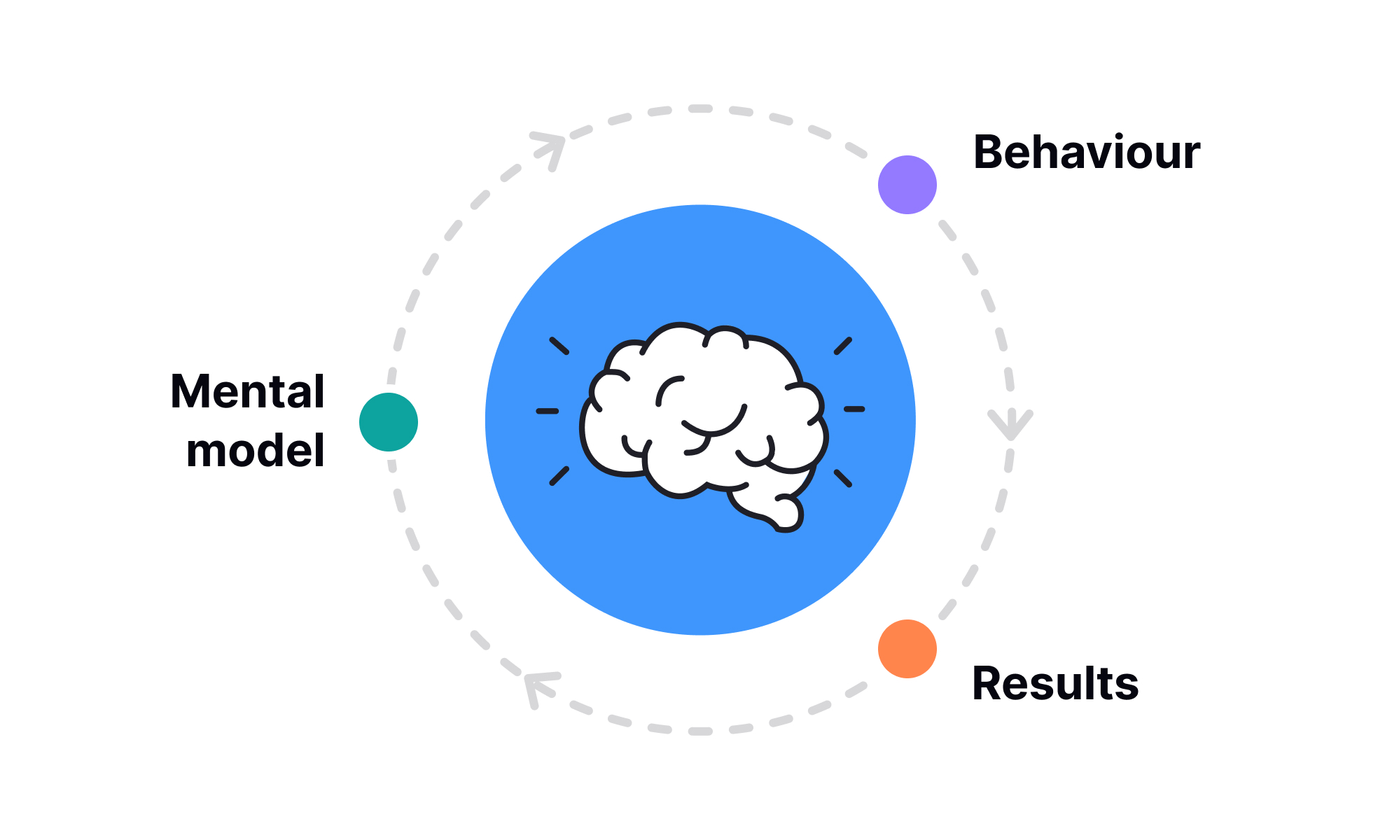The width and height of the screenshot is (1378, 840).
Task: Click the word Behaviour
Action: point(1087,152)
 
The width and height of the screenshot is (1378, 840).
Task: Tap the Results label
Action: point(1055,683)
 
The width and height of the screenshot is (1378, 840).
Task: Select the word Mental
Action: point(248,391)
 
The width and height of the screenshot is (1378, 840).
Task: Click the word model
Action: point(256,450)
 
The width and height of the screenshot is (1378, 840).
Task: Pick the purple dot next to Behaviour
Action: point(907,185)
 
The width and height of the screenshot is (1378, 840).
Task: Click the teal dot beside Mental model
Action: point(389,422)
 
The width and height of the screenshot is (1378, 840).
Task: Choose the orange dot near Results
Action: point(907,649)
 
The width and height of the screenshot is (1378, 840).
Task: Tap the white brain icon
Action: point(700,413)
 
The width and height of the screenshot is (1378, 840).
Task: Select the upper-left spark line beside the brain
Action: point(559,346)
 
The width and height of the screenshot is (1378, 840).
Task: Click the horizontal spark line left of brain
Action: point(548,411)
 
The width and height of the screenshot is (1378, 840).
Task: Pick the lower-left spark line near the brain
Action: point(559,476)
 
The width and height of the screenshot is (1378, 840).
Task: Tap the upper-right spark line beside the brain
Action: point(843,346)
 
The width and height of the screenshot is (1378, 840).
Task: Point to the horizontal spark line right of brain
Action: point(854,409)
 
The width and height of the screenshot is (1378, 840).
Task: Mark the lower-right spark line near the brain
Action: point(843,479)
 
